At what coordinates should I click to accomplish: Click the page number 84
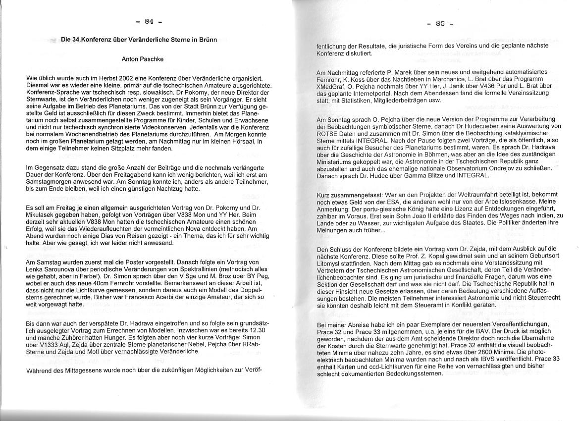[x=149, y=21]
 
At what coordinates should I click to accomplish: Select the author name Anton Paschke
[x=143, y=59]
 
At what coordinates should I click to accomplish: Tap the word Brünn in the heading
[x=207, y=40]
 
